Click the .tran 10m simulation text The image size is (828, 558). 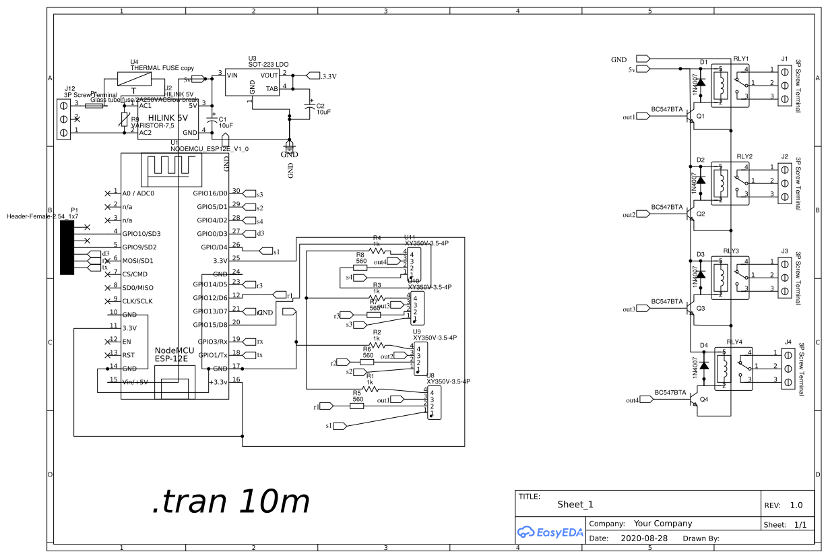tap(231, 502)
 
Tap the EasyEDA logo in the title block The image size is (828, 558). tap(550, 532)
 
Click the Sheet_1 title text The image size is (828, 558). tap(575, 504)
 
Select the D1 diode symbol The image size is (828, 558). tap(701, 82)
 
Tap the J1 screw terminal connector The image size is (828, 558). tap(785, 84)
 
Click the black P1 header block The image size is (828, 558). tap(67, 247)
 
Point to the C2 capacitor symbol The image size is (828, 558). tap(311, 107)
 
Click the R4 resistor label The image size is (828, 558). tap(377, 238)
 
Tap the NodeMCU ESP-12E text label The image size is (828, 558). tap(174, 355)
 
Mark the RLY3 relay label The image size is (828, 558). tap(731, 251)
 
